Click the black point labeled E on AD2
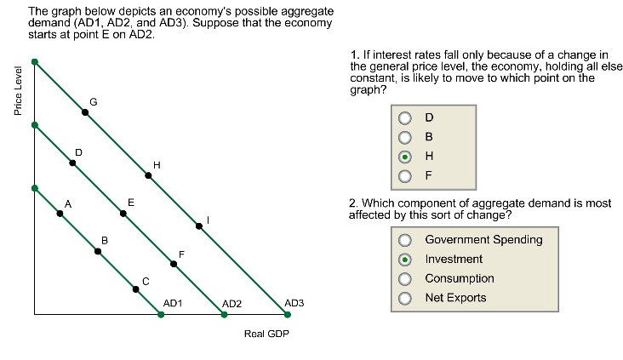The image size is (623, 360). [123, 214]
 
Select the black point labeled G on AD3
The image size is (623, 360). [85, 112]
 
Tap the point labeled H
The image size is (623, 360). [148, 175]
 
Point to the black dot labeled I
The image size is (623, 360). [199, 226]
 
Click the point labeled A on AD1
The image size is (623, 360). [60, 214]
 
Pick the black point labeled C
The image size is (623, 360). [136, 289]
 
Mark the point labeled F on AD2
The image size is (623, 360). [174, 264]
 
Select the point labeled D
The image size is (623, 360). [72, 163]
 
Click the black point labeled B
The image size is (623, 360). [98, 252]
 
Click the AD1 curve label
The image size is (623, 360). [173, 304]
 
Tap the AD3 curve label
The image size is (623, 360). [294, 303]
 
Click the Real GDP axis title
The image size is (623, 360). [266, 334]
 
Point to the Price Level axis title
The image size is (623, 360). [18, 91]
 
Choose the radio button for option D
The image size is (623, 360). [405, 118]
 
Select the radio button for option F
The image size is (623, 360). [405, 176]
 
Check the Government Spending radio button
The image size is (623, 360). [405, 240]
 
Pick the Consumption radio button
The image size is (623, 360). [405, 279]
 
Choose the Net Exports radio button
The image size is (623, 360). [405, 298]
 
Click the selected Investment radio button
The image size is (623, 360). [405, 260]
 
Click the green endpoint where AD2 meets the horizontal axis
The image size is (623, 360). [224, 315]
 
